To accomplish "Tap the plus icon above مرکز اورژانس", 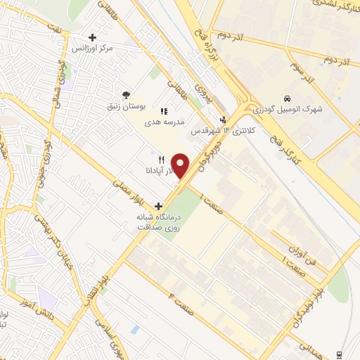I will [x=92, y=37].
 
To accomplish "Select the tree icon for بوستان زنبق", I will [x=126, y=95].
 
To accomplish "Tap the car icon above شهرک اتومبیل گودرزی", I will [x=287, y=98].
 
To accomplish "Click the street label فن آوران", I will [x=304, y=245].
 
